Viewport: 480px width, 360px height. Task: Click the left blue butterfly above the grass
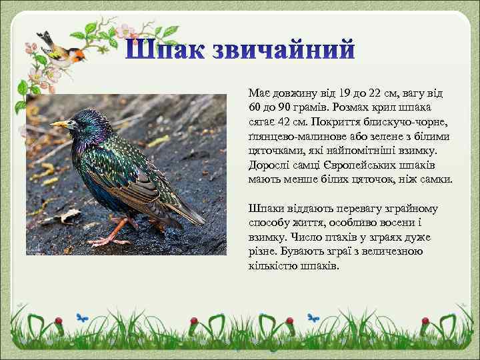coord(81,318)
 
